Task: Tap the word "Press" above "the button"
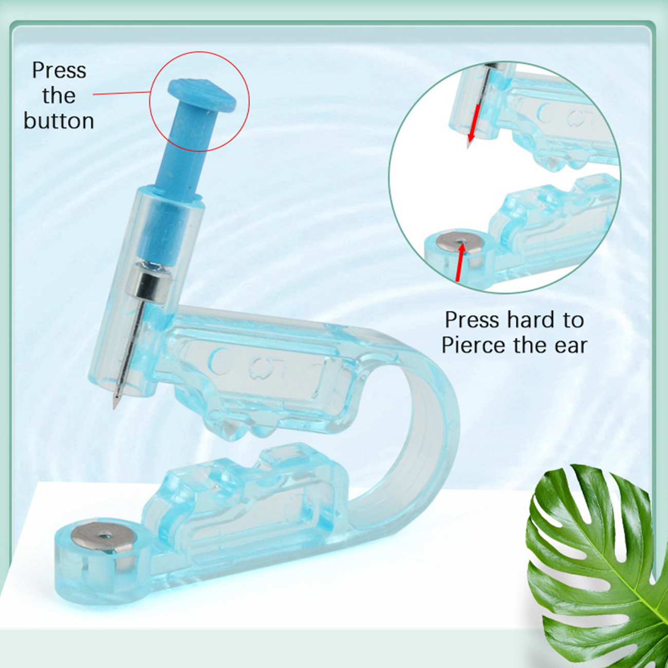click(59, 71)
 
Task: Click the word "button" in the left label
click(59, 121)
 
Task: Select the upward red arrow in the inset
click(460, 261)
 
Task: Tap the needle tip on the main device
click(114, 405)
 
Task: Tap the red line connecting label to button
click(122, 93)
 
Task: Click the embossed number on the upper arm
click(258, 364)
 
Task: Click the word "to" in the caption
click(573, 320)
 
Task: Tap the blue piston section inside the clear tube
click(157, 231)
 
